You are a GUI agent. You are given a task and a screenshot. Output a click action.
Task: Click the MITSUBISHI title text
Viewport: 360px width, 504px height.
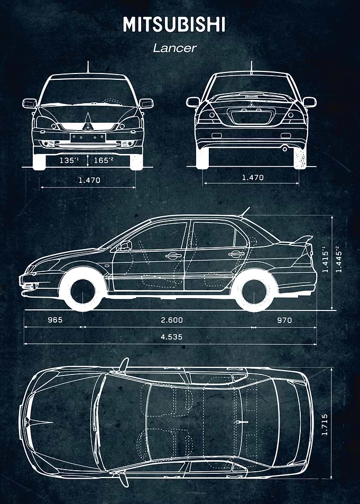coord(174,24)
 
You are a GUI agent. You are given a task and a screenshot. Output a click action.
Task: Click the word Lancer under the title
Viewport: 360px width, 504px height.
coord(174,48)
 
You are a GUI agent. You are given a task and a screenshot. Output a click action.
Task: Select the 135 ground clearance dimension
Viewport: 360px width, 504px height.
coord(69,160)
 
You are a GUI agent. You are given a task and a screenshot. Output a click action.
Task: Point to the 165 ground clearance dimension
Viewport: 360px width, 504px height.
coord(104,160)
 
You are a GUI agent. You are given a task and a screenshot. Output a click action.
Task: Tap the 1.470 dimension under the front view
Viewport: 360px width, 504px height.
coord(89,180)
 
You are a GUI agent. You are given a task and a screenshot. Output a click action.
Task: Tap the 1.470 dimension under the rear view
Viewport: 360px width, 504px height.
coord(253,177)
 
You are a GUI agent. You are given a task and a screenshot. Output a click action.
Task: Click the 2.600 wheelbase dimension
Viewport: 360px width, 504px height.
coord(172,320)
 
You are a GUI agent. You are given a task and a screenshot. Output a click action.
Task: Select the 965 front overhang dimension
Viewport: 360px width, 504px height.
coord(56,320)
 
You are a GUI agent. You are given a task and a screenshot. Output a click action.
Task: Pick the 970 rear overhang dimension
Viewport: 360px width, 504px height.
coord(284,320)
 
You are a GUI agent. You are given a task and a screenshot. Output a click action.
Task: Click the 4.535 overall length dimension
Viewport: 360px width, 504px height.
coord(172,336)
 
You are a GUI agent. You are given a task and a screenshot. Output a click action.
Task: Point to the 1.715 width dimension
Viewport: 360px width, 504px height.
coord(325,424)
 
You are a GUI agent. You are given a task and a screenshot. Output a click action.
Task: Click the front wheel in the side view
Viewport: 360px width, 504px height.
coord(83,290)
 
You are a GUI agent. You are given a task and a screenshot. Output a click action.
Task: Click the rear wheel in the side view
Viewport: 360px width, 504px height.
coord(254,290)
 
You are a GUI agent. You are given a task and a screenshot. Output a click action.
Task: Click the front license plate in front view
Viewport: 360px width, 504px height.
coord(88,138)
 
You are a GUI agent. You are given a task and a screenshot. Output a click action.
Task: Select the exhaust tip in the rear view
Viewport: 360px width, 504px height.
coord(284,149)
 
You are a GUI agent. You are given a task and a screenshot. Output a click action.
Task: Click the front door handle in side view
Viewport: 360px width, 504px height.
coord(173,256)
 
